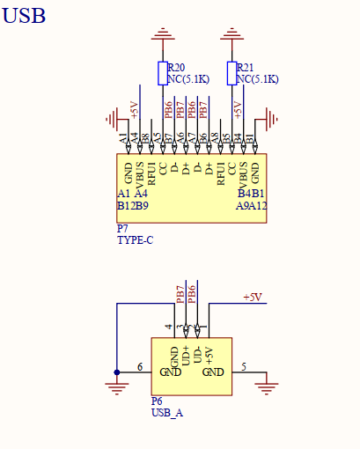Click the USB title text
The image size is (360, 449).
pos(24,15)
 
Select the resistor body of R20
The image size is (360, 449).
pos(162,73)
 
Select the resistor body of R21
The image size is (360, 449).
pos(232,73)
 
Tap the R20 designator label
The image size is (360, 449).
pos(176,68)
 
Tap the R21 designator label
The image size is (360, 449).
pos(246,68)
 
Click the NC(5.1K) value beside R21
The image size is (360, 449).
pos(258,79)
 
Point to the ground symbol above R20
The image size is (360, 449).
pos(162,35)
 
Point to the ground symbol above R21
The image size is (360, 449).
pos(232,35)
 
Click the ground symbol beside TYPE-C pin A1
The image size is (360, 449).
pos(112,118)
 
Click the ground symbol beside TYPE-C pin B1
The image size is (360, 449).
pos(272,118)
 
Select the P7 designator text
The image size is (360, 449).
pos(122,228)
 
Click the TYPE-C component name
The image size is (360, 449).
pos(135,239)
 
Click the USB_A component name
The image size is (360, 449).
pos(167,411)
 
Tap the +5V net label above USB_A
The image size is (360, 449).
pos(253,298)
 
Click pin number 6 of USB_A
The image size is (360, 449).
pos(139,366)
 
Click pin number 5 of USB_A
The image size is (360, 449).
pos(244,366)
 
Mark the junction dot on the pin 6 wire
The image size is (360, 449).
pos(116,372)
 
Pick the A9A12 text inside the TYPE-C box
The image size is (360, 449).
pos(252,206)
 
